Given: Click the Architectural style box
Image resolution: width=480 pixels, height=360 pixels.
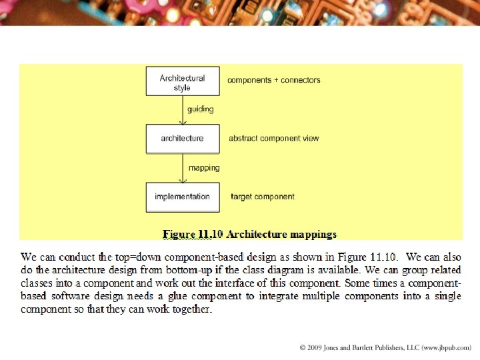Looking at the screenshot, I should [x=182, y=82].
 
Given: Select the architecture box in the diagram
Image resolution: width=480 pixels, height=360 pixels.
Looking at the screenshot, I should [x=182, y=139].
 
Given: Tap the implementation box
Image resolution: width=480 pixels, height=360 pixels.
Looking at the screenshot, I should [x=182, y=197].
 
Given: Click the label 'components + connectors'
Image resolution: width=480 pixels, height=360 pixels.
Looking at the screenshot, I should [x=273, y=80].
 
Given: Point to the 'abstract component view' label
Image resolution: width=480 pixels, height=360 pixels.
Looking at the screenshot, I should [x=273, y=139].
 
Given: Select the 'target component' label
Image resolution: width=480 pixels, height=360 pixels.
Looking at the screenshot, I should [x=262, y=197].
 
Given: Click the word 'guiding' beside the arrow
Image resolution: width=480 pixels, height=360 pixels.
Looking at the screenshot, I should [x=201, y=109].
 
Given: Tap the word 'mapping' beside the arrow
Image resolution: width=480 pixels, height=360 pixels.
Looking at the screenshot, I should [x=204, y=168].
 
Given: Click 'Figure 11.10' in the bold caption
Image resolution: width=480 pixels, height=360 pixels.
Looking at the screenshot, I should [x=193, y=235].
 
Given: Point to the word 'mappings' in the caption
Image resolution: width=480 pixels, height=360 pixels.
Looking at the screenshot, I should [x=315, y=235].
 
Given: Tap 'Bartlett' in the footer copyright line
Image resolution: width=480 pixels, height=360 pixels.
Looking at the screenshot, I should [x=370, y=348].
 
